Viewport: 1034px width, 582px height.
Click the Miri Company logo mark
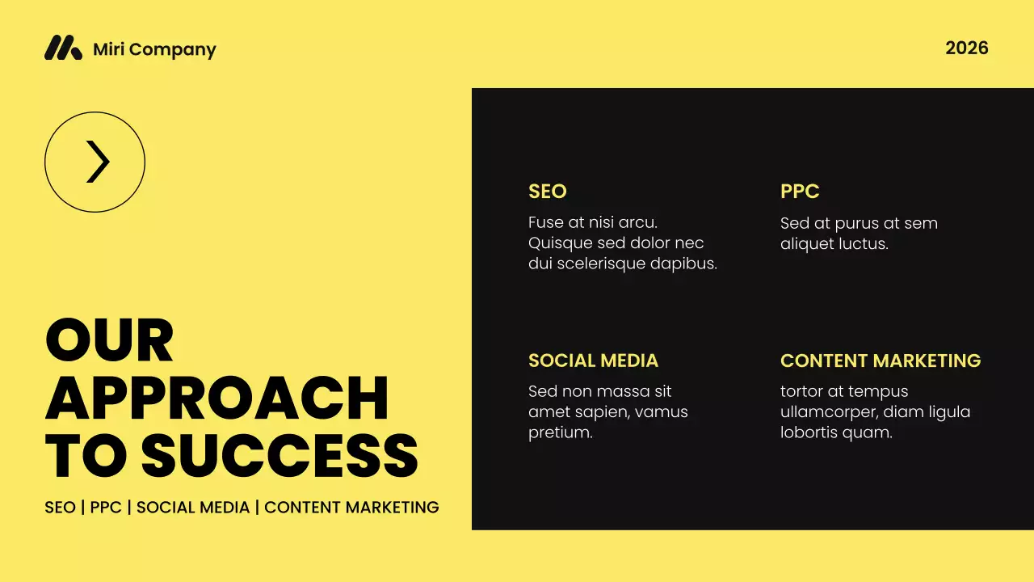pyautogui.click(x=63, y=48)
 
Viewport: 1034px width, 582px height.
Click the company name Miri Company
pyautogui.click(x=154, y=49)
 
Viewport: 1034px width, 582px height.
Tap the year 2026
pyautogui.click(x=966, y=48)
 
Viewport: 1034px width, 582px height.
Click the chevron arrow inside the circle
pyautogui.click(x=97, y=162)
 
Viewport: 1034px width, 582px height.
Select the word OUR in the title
pyautogui.click(x=109, y=340)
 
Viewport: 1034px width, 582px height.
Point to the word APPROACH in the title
pyautogui.click(x=216, y=398)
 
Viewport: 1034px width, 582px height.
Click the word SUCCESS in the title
pyautogui.click(x=280, y=456)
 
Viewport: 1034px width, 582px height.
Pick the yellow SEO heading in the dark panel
pyautogui.click(x=547, y=192)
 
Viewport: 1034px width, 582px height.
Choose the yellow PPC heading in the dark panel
pyautogui.click(x=799, y=192)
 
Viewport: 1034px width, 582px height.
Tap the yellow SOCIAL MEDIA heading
pyautogui.click(x=593, y=361)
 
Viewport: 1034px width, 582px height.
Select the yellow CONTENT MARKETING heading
pyautogui.click(x=880, y=361)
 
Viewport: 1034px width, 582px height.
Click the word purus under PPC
pyautogui.click(x=856, y=224)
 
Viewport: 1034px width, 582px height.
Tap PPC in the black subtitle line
pyautogui.click(x=106, y=508)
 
